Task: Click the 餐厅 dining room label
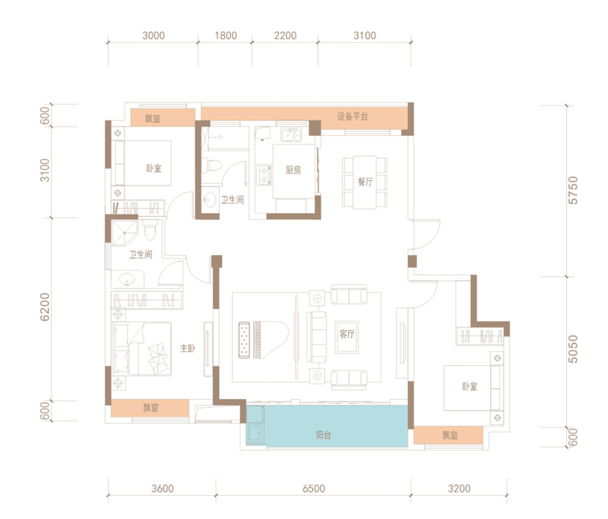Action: click(365, 182)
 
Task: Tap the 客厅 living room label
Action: click(347, 334)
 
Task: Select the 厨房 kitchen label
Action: click(293, 170)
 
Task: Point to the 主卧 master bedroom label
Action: click(188, 348)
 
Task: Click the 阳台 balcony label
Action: click(323, 435)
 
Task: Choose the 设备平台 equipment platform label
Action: click(352, 117)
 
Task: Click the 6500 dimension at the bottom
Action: click(314, 489)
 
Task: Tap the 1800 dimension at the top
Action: click(226, 36)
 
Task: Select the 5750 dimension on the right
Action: click(573, 190)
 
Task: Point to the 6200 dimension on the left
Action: click(45, 307)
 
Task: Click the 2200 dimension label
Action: click(285, 36)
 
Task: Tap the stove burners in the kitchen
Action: click(264, 175)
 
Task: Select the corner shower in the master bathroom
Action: click(125, 233)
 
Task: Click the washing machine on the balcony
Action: click(255, 434)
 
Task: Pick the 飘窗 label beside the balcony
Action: click(450, 435)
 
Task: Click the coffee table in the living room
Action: click(347, 337)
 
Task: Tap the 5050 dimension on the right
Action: click(573, 349)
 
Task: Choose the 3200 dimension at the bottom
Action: click(459, 489)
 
